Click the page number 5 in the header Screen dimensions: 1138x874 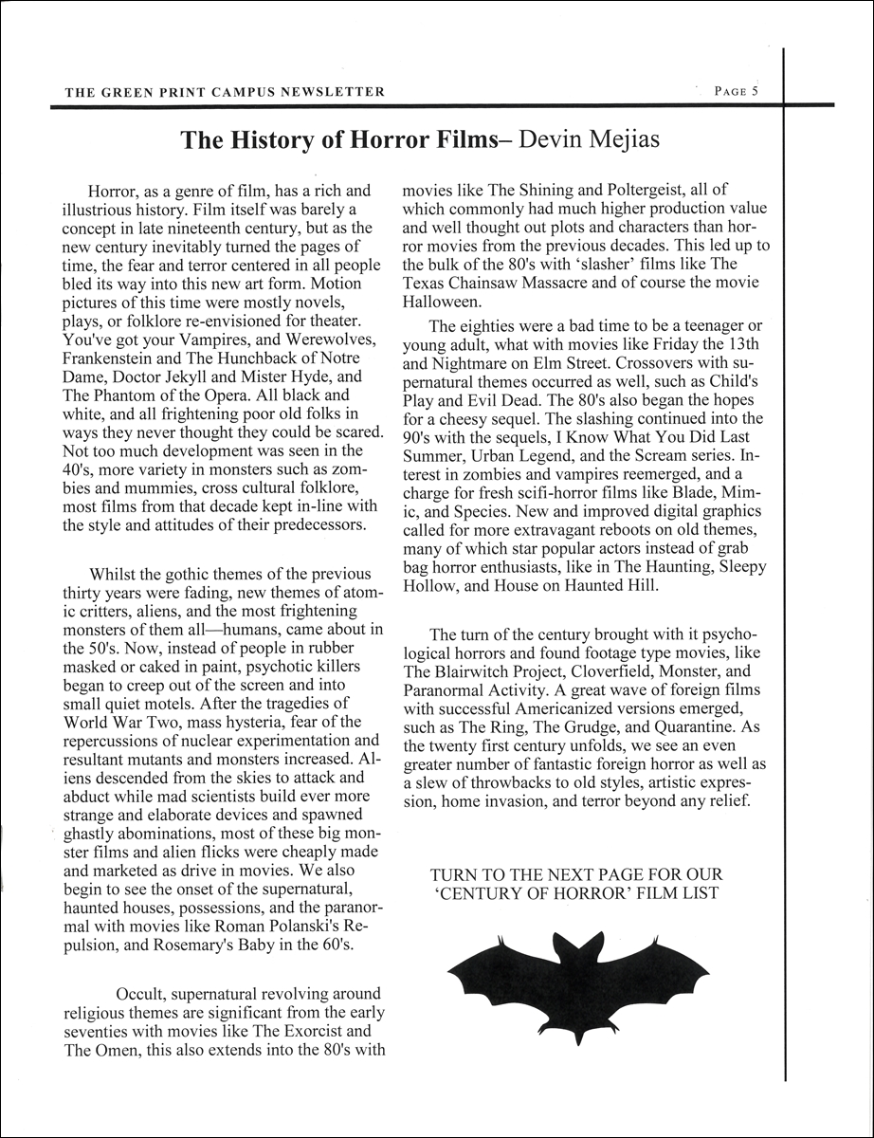point(755,92)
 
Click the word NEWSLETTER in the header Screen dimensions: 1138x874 point(338,92)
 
